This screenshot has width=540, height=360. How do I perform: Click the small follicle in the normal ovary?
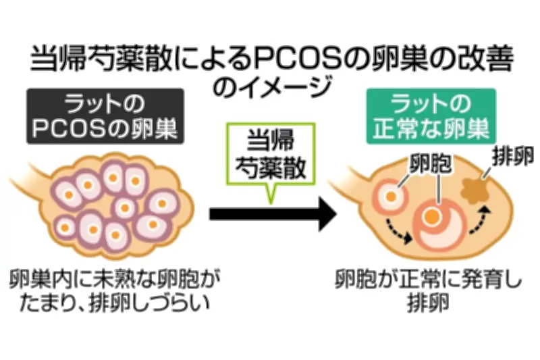[391, 197]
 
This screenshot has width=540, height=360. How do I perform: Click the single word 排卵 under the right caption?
[428, 303]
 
